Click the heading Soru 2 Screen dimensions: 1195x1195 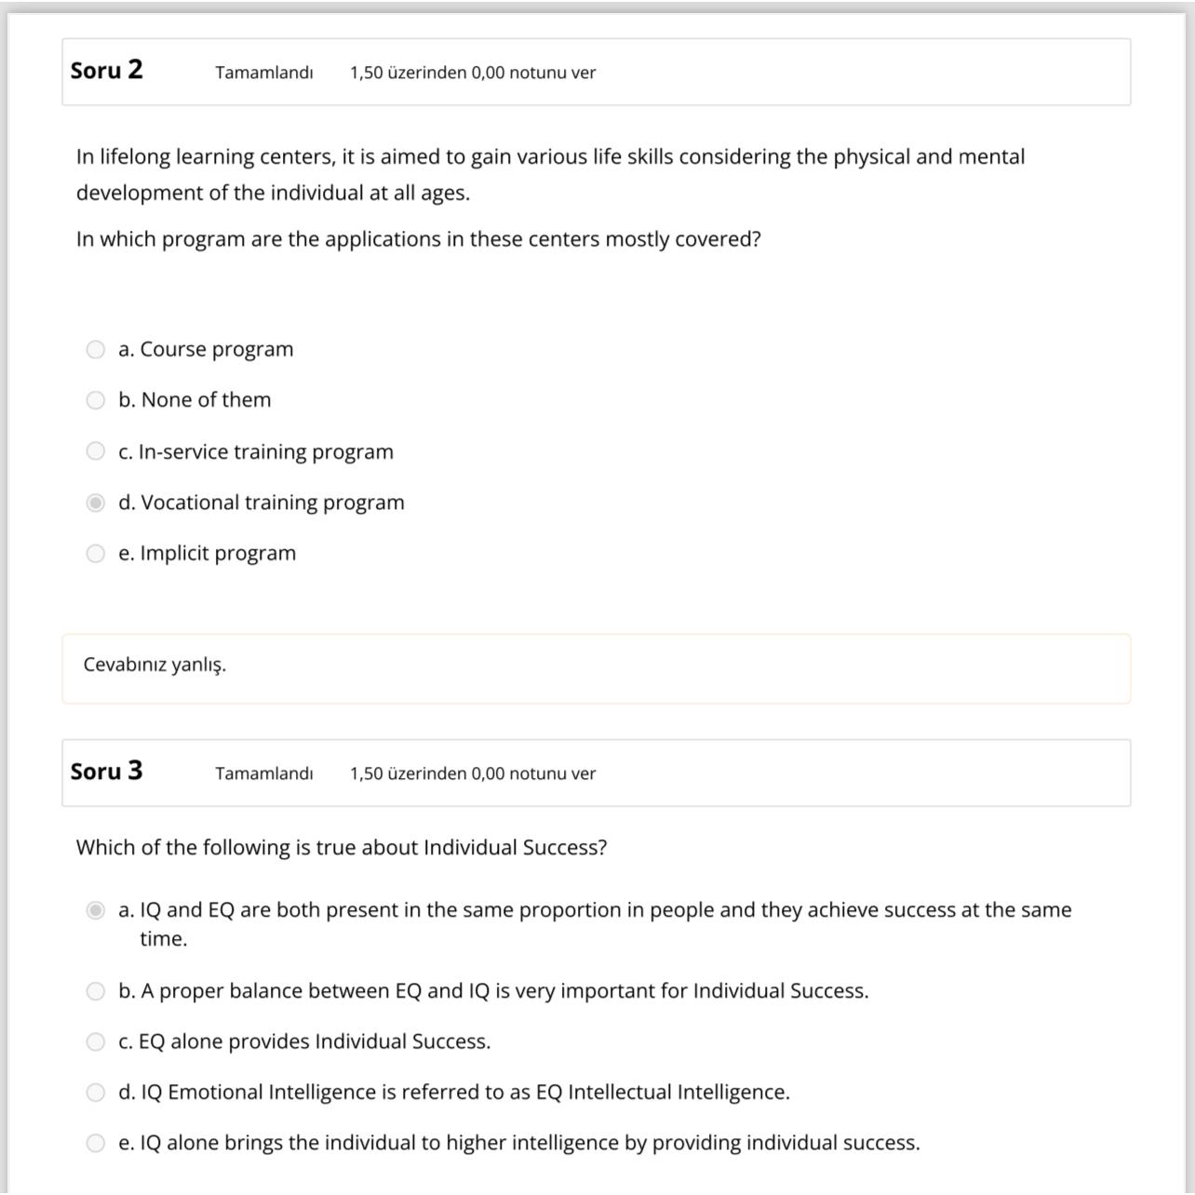coord(106,71)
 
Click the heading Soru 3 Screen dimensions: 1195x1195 coord(106,772)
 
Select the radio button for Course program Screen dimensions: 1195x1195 coord(95,350)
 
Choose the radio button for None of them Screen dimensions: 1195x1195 coord(95,400)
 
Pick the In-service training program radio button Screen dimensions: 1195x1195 coord(95,451)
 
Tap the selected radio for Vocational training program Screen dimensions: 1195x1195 coord(95,503)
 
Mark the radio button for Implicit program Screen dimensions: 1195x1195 coord(95,554)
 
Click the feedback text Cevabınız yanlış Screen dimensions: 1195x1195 coord(154,665)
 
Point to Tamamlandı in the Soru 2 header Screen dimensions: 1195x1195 coord(263,73)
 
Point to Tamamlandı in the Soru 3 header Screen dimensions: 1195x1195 coord(263,773)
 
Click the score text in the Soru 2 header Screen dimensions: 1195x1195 coord(472,73)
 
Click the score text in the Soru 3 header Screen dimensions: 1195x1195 coord(472,773)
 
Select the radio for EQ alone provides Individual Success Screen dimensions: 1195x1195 coord(95,1041)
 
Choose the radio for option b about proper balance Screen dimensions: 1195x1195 coord(95,991)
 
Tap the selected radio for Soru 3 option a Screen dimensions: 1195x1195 coord(95,910)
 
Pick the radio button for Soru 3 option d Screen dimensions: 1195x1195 coord(95,1093)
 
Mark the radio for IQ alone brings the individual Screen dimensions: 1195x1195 coord(95,1143)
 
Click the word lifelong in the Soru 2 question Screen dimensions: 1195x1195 coord(135,157)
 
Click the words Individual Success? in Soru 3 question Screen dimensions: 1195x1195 coord(515,848)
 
